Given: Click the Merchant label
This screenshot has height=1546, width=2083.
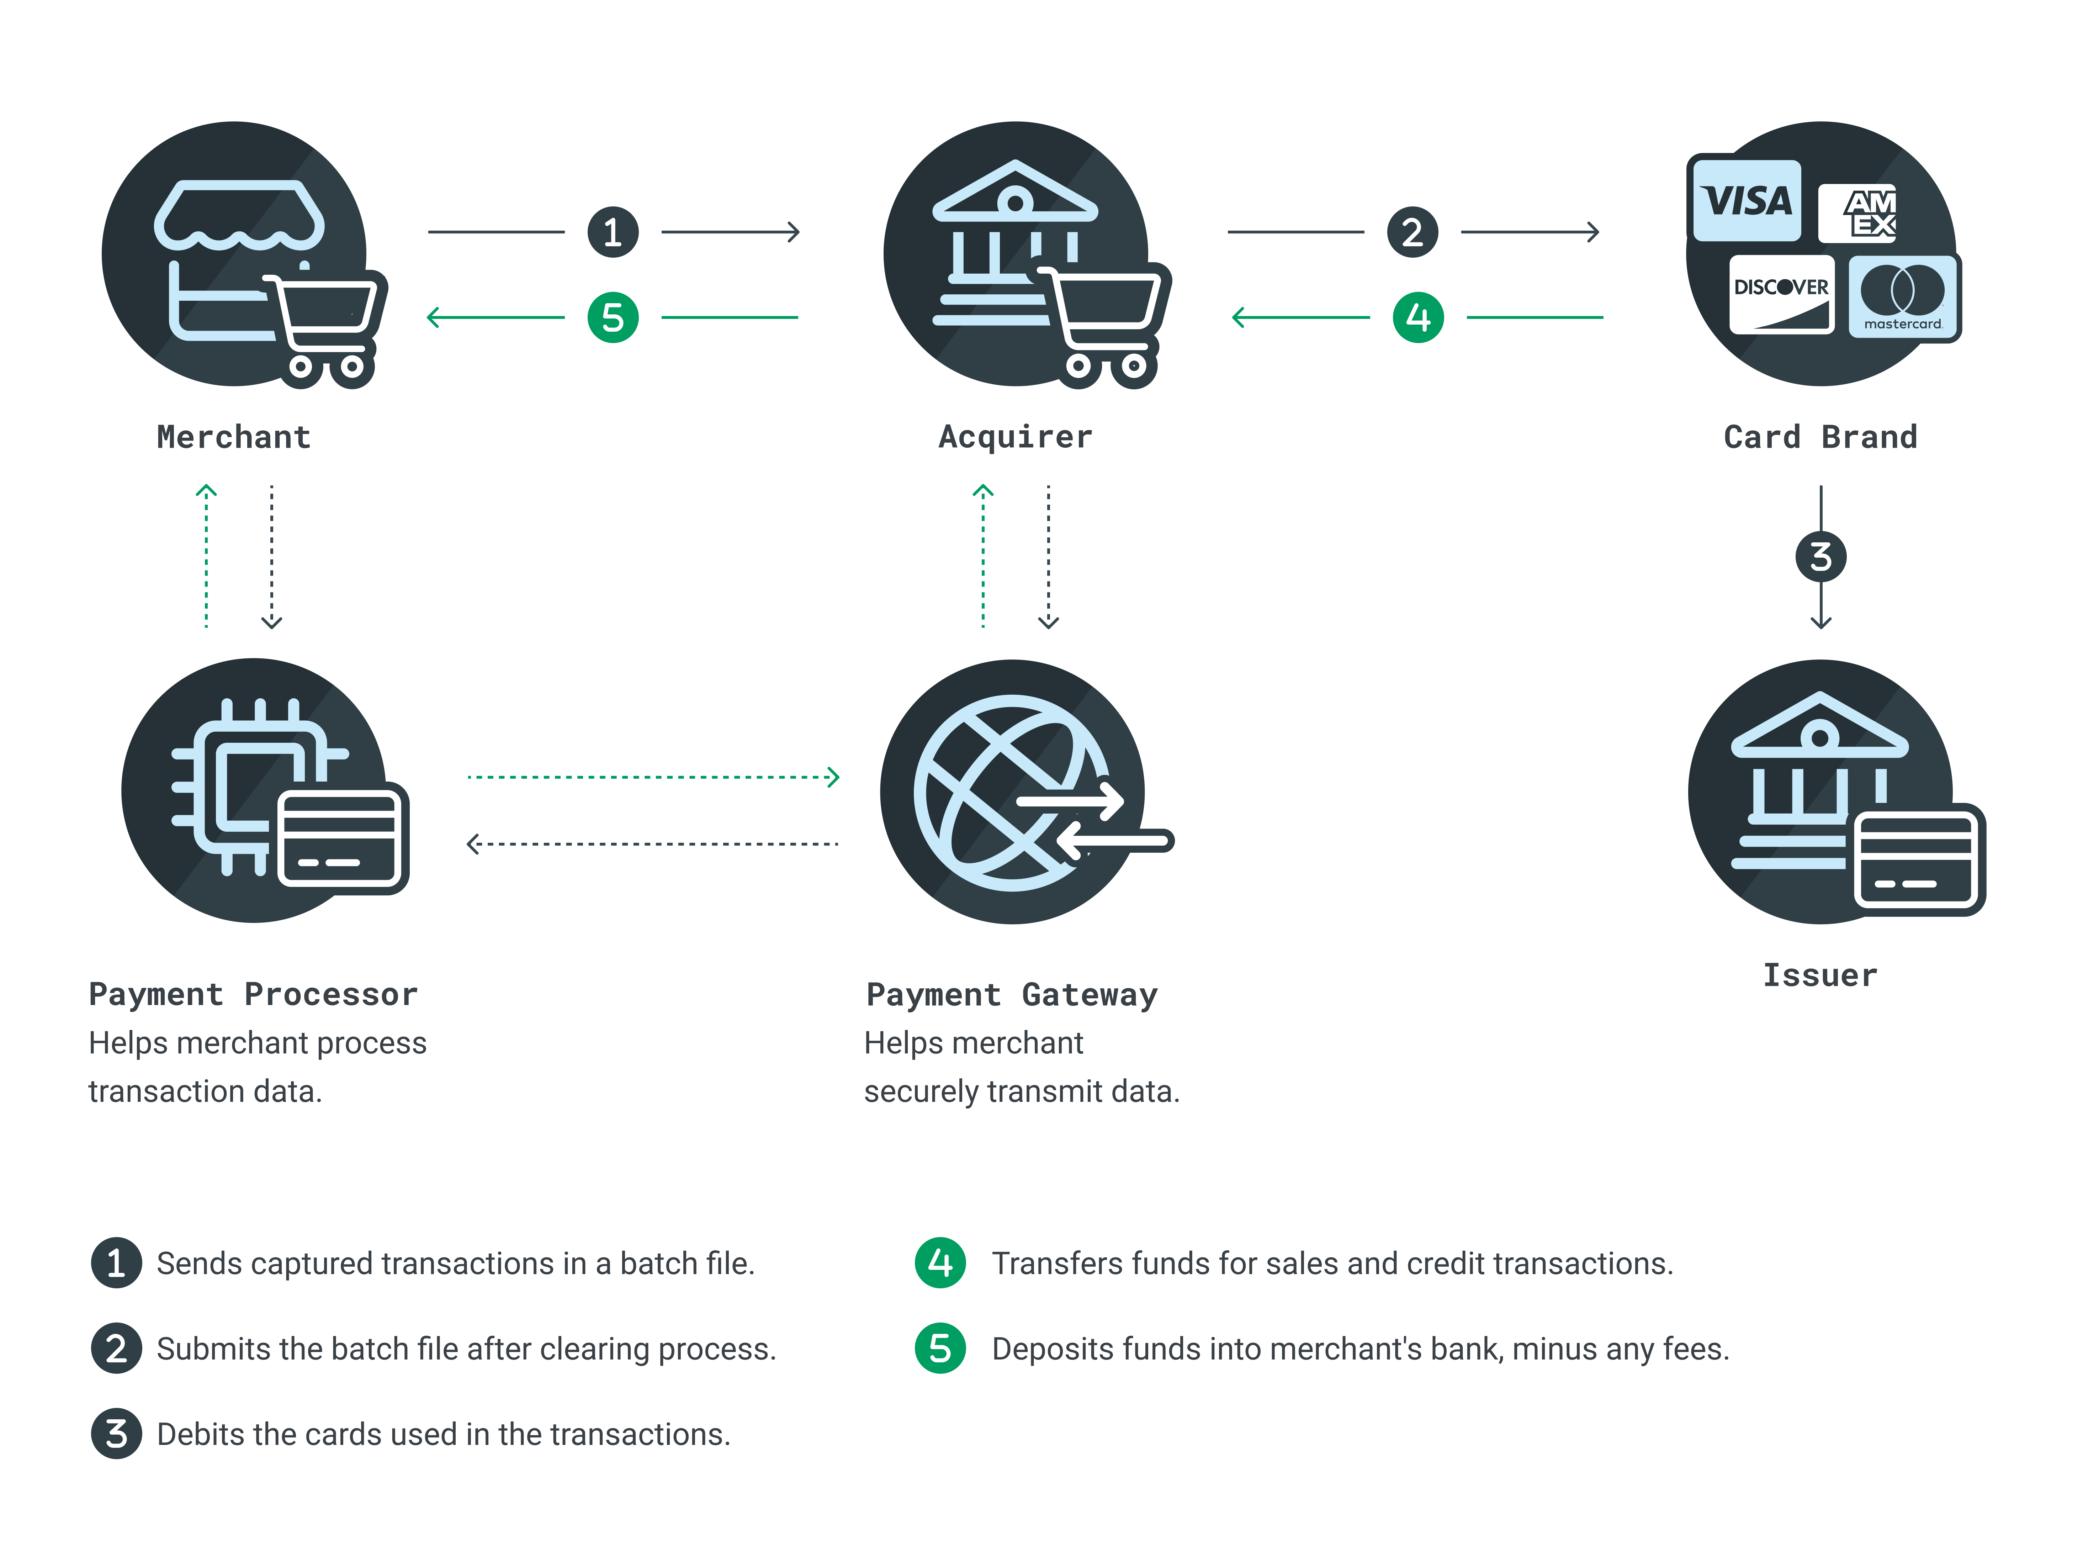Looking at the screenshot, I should click(x=234, y=437).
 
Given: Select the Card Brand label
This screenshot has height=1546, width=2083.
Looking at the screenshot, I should click(x=1820, y=437).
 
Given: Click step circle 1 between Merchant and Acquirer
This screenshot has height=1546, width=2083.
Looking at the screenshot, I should click(x=613, y=232).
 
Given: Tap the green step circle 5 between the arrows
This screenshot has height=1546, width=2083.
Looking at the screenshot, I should click(x=613, y=317).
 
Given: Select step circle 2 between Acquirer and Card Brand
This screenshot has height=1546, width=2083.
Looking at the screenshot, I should click(x=1412, y=232).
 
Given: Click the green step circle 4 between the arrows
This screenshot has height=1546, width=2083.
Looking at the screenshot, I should click(x=1418, y=317).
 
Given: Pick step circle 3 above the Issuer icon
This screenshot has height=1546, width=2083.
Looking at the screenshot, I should click(x=1820, y=557).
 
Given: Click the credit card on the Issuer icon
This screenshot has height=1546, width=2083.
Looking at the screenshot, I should click(x=1918, y=859).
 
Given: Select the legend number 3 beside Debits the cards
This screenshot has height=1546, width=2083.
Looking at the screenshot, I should click(x=116, y=1434).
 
